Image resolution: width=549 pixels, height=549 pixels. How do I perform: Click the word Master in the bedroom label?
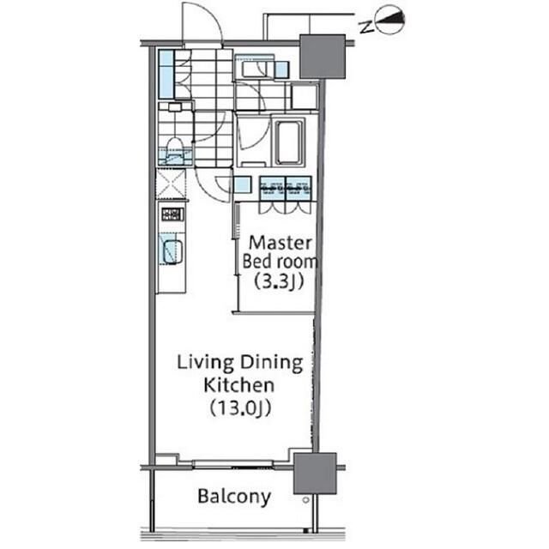point(281,243)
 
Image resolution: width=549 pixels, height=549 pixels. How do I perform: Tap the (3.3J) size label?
point(279,281)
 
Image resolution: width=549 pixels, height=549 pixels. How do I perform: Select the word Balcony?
point(234,497)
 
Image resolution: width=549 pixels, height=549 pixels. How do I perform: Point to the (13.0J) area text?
point(240,408)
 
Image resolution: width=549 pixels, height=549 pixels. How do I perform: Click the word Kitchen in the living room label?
point(238,385)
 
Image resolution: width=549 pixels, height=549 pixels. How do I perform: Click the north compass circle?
point(389,20)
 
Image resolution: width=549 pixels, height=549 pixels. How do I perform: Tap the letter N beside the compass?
point(366,27)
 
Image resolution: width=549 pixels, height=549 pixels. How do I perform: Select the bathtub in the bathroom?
point(288,142)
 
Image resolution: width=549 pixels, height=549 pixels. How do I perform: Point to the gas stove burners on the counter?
point(172,214)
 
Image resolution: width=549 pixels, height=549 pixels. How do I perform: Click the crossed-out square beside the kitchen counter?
point(171,184)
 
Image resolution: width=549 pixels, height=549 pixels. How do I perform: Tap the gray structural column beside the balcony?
point(315,474)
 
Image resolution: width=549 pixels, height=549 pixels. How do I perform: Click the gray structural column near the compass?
point(323,57)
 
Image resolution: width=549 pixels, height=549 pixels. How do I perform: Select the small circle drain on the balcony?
point(305,500)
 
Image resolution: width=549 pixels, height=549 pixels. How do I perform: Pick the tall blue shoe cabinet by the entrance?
point(166,75)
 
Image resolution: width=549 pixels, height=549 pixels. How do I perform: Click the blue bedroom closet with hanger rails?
point(286,189)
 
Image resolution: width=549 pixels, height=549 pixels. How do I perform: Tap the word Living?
point(205,364)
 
